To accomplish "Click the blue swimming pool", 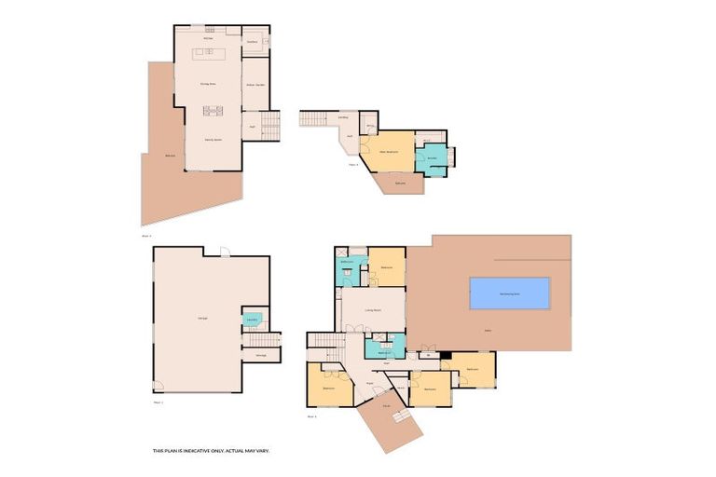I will click(x=509, y=293).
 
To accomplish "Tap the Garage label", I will click(x=202, y=319).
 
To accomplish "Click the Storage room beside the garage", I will click(x=261, y=355).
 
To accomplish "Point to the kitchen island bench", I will click(x=210, y=53).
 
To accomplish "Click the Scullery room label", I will click(x=253, y=41).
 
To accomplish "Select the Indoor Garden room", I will click(x=255, y=85).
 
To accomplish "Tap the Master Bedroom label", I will click(x=389, y=151).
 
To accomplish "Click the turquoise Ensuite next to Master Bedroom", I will click(x=432, y=158).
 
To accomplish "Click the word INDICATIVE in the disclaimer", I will click(x=200, y=450).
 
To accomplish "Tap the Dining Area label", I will click(x=208, y=84).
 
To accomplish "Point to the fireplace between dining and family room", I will click(x=213, y=111).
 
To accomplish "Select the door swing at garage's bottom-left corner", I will click(x=158, y=387).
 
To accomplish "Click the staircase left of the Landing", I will click(x=314, y=118).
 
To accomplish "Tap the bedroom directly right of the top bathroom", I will click(x=387, y=267).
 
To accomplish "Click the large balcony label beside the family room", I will click(x=170, y=156).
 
